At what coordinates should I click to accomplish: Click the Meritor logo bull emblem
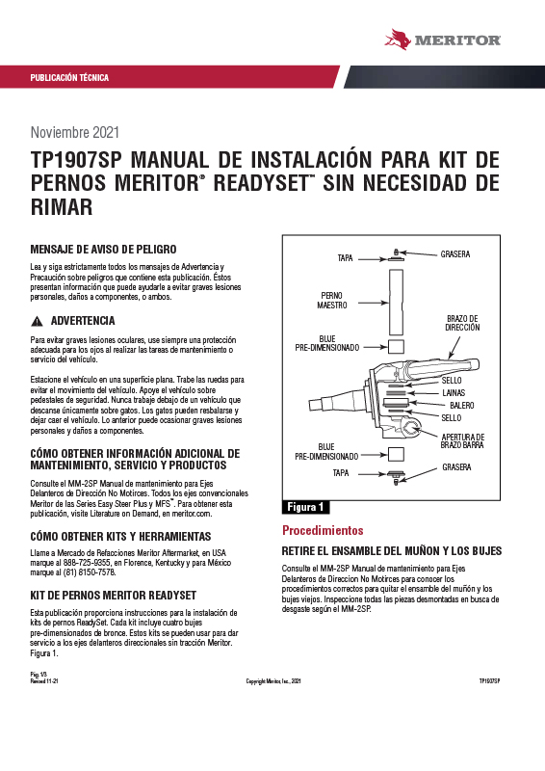pyautogui.click(x=398, y=40)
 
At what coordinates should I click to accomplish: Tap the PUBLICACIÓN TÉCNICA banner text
pyautogui.click(x=69, y=78)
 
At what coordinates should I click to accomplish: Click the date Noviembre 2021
pyautogui.click(x=75, y=132)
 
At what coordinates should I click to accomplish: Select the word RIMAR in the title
pyautogui.click(x=62, y=206)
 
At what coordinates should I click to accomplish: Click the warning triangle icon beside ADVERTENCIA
pyautogui.click(x=37, y=322)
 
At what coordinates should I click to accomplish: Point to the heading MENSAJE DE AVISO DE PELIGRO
pyautogui.click(x=103, y=250)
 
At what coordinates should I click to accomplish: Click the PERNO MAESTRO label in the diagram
pyautogui.click(x=332, y=300)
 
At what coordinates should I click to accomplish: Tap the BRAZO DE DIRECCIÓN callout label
pyautogui.click(x=462, y=323)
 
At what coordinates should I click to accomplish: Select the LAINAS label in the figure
pyautogui.click(x=454, y=393)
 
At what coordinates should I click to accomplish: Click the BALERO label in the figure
pyautogui.click(x=462, y=406)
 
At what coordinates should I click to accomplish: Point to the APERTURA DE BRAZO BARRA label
pyautogui.click(x=462, y=441)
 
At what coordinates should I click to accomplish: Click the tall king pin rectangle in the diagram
pyautogui.click(x=396, y=302)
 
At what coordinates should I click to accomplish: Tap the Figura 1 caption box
pyautogui.click(x=305, y=507)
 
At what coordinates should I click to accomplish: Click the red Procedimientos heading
pyautogui.click(x=323, y=531)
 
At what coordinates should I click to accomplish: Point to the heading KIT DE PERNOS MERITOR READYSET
pyautogui.click(x=114, y=596)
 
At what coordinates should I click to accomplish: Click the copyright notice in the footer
pyautogui.click(x=273, y=681)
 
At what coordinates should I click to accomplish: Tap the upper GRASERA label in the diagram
pyautogui.click(x=455, y=254)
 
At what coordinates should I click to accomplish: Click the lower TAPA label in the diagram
pyautogui.click(x=341, y=473)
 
